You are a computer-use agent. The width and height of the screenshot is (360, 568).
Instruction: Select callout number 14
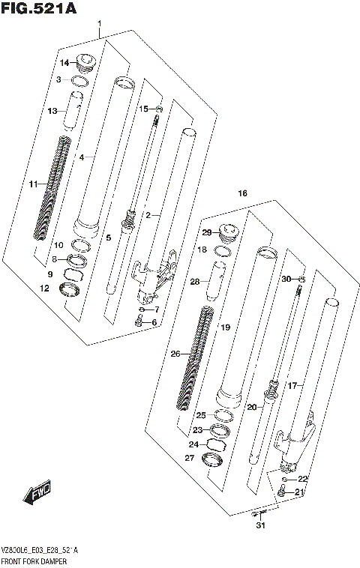64,62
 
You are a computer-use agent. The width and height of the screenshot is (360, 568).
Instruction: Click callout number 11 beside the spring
33,184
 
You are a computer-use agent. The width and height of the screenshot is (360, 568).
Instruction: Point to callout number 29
206,233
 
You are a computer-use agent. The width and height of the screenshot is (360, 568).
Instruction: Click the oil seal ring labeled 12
72,288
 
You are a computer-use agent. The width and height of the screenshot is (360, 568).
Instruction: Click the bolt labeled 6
139,322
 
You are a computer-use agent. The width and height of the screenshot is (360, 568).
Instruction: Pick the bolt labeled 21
281,492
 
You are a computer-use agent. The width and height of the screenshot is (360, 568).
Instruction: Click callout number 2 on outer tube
148,215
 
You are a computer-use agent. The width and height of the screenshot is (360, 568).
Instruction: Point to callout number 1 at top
99,25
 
